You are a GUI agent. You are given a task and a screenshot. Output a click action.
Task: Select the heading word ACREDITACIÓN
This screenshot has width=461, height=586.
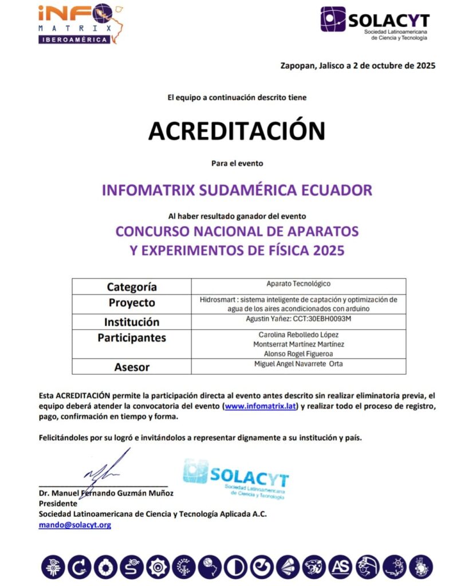237,130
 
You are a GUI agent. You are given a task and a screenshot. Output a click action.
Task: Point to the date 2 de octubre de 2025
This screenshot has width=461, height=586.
388,65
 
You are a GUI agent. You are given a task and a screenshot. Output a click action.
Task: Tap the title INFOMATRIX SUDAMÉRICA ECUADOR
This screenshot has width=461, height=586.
237,190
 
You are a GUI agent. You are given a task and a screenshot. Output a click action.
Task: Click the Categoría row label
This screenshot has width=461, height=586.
132,287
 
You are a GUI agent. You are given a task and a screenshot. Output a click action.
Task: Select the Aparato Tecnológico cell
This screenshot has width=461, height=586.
298,284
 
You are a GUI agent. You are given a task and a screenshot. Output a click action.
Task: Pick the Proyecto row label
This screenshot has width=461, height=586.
132,303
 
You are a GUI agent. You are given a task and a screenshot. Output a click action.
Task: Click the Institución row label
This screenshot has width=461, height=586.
132,322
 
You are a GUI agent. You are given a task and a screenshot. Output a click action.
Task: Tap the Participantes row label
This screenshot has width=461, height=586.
132,338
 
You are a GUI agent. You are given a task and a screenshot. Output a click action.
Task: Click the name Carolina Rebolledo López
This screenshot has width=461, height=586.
298,334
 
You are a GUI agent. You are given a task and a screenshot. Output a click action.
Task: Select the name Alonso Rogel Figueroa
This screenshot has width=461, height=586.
298,354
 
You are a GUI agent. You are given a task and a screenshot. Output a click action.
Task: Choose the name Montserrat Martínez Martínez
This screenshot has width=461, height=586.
298,344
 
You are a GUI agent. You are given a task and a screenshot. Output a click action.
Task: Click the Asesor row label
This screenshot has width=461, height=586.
132,367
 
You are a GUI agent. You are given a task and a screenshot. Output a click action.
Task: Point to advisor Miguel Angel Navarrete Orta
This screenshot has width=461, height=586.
298,364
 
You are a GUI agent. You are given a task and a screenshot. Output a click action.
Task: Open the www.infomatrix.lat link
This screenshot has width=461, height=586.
261,406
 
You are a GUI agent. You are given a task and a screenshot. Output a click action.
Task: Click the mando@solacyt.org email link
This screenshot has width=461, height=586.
74,524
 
